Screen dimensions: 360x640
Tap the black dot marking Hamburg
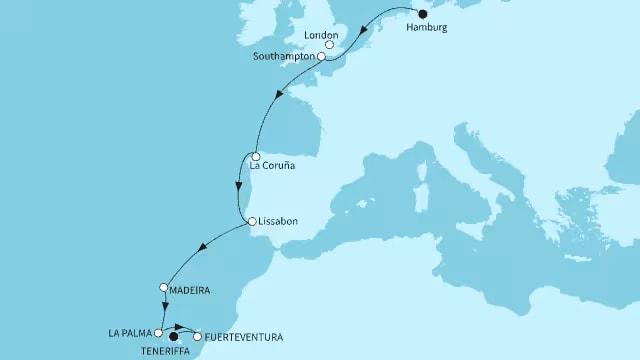pyautogui.click(x=421, y=14)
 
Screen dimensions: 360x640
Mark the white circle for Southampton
pyautogui.click(x=322, y=58)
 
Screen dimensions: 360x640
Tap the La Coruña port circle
pyautogui.click(x=256, y=157)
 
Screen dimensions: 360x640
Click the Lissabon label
pyautogui.click(x=278, y=221)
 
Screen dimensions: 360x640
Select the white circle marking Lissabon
pyautogui.click(x=252, y=221)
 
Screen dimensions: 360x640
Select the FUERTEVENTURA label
pyautogui.click(x=240, y=337)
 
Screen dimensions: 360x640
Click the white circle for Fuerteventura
pyautogui.click(x=197, y=337)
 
